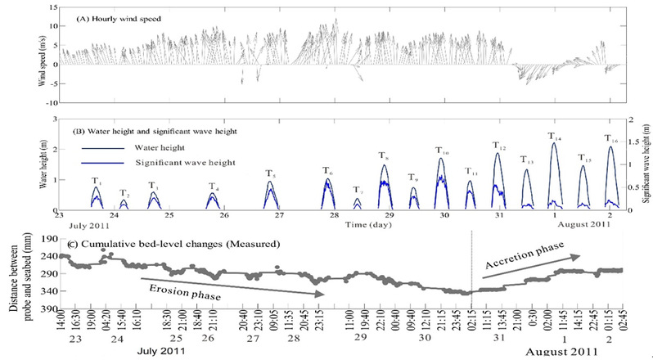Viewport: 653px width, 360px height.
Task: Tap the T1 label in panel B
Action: coord(96,180)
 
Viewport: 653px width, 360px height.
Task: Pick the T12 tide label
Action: coord(498,146)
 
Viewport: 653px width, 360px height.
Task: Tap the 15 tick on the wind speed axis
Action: coord(51,7)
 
